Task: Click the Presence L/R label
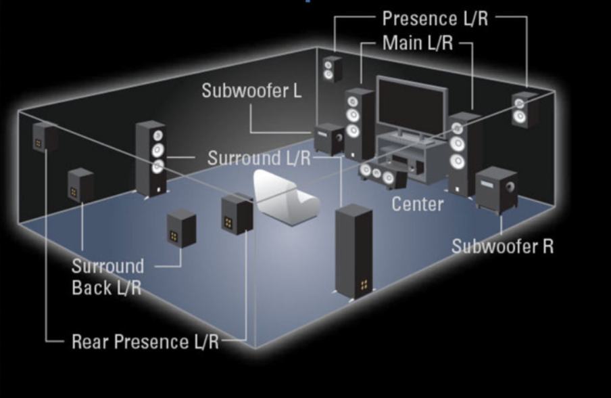click(x=435, y=18)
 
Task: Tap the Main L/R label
click(x=417, y=43)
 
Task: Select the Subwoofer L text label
click(x=251, y=91)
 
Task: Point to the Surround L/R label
click(x=259, y=158)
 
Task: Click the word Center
click(x=418, y=203)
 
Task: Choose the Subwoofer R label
click(x=502, y=246)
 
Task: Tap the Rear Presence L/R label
click(x=145, y=341)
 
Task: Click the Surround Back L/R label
click(x=107, y=276)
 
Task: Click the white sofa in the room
click(x=284, y=197)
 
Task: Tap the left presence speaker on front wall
click(x=332, y=68)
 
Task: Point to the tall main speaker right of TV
click(x=463, y=152)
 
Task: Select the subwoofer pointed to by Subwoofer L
click(x=330, y=139)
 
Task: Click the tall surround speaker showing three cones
click(x=151, y=157)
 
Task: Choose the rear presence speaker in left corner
click(x=43, y=137)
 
